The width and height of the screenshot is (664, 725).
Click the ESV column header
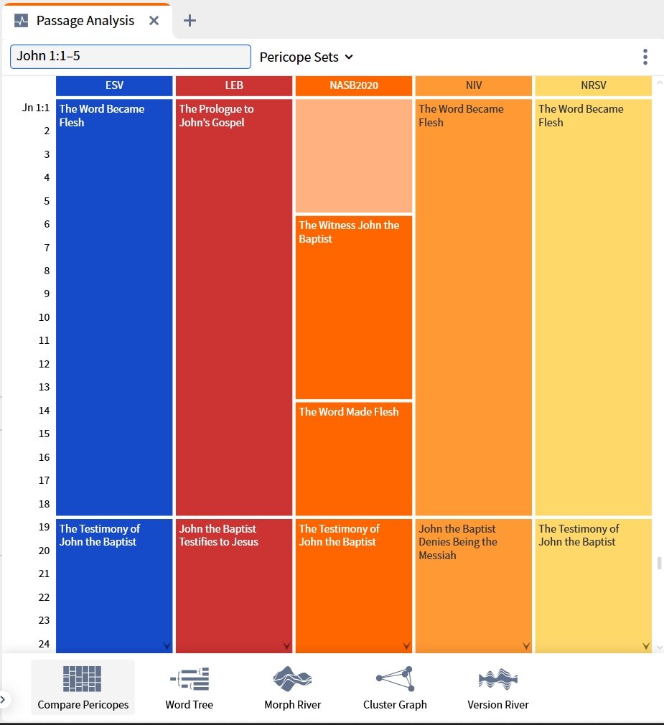tap(114, 85)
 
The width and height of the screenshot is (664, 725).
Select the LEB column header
tap(234, 85)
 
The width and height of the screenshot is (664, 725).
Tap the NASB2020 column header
tap(354, 85)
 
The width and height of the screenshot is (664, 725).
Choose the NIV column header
tap(474, 85)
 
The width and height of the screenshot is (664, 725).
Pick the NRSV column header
tap(593, 85)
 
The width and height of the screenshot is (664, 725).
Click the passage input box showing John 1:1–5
tap(131, 57)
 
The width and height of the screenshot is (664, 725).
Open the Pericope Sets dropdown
tap(306, 57)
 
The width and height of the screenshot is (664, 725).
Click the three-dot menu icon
tap(645, 57)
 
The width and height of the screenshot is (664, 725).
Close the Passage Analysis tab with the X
tap(154, 21)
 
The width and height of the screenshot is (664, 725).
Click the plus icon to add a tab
tap(190, 21)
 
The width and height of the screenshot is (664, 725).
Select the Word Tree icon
tap(190, 679)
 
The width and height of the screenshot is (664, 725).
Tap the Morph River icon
tap(292, 679)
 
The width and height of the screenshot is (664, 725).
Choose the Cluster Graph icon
tap(396, 679)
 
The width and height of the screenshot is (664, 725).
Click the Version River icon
tap(498, 679)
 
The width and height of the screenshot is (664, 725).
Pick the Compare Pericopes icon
tap(83, 679)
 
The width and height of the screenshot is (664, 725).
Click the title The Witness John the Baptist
tap(349, 232)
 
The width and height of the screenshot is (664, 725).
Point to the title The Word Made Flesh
tap(349, 411)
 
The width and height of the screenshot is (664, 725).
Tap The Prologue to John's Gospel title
tap(216, 116)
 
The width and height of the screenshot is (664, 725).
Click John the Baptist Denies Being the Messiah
tap(458, 542)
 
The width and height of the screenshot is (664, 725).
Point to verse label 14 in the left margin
tap(44, 411)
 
